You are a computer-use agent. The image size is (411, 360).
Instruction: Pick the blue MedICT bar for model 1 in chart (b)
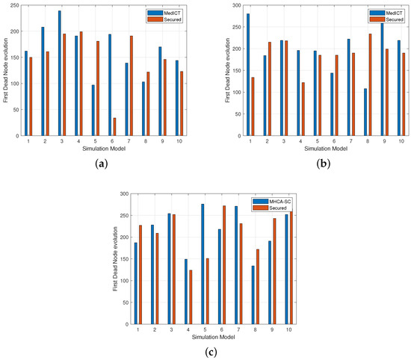247,75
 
